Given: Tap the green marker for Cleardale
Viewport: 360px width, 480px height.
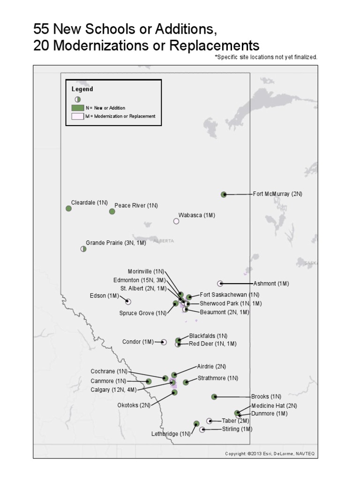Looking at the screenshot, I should [68, 209].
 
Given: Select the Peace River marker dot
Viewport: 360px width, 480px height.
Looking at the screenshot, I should [112, 211].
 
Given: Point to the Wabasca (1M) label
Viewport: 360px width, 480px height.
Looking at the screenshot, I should [196, 215].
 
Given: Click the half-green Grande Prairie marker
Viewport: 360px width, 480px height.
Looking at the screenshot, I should [83, 249].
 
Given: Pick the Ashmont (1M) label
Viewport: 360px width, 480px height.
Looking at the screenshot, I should [271, 284].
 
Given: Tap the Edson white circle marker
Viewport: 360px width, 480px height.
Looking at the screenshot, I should [128, 301].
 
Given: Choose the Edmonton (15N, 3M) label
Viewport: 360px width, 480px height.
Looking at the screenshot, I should [139, 280].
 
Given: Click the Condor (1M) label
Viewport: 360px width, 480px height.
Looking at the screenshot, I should [138, 342].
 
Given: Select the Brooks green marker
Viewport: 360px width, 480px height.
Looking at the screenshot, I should [214, 397].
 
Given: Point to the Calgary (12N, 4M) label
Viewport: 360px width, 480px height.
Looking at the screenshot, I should [113, 390].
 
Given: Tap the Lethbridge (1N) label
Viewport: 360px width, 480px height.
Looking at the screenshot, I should [171, 434].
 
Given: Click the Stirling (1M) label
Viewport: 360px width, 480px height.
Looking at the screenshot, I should [237, 429].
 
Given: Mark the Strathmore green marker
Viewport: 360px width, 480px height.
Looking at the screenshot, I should [186, 382].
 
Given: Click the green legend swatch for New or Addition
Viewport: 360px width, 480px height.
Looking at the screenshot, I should [77, 108].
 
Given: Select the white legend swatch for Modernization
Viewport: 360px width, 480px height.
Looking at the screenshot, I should [77, 116].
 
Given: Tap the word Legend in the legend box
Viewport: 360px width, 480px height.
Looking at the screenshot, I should [82, 89].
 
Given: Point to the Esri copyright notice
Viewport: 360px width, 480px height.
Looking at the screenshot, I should [271, 453].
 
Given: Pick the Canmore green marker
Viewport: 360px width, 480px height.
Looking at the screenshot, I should [149, 382].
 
